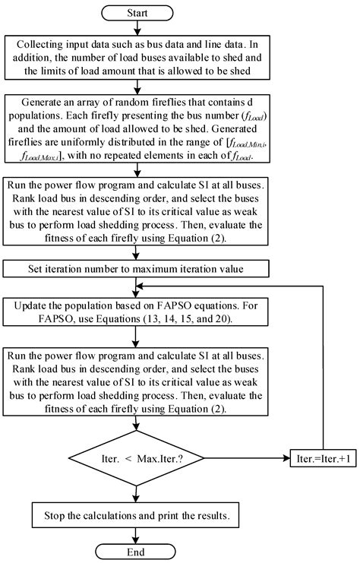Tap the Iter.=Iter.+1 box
tap(324, 458)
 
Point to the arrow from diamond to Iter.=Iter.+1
tap(251, 458)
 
